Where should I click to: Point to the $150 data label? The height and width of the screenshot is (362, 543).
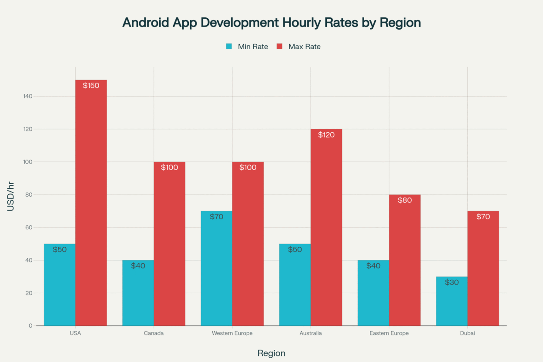pyautogui.click(x=91, y=86)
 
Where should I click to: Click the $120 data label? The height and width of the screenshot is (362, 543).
pyautogui.click(x=326, y=135)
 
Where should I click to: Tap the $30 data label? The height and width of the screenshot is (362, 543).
pyautogui.click(x=452, y=282)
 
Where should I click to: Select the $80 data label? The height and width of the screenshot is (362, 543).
pyautogui.click(x=405, y=201)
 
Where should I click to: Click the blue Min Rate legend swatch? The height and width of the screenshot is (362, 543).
pyautogui.click(x=229, y=47)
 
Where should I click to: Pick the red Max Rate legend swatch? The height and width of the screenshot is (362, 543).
pyautogui.click(x=279, y=47)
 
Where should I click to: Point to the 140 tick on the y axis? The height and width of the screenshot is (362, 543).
pyautogui.click(x=28, y=96)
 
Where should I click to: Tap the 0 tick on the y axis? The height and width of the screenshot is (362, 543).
pyautogui.click(x=30, y=326)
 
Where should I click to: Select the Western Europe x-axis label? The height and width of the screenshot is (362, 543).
pyautogui.click(x=232, y=333)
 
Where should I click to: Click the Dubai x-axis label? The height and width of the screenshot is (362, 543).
pyautogui.click(x=467, y=333)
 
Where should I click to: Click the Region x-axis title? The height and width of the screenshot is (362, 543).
pyautogui.click(x=271, y=353)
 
